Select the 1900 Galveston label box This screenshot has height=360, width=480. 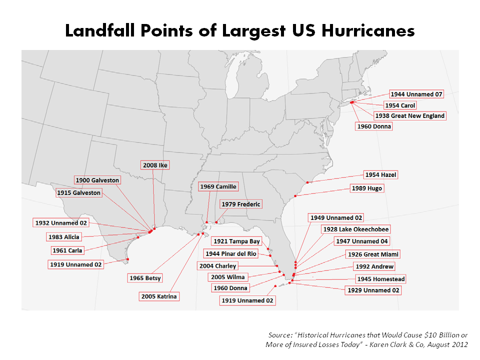tap(97, 180)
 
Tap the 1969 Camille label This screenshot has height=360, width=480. tap(217, 186)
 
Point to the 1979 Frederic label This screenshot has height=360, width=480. tap(241, 204)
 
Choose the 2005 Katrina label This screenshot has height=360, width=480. tap(159, 296)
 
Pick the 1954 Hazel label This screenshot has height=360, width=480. tap(381, 175)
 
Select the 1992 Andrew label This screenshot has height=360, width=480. tap(374, 266)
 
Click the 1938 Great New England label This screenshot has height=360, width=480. tap(409, 115)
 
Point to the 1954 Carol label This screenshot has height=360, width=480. tap(400, 105)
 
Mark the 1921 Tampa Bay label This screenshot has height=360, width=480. tap(237, 241)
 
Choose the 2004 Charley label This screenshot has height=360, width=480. tap(217, 265)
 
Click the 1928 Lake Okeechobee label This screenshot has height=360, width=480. tap(355, 229)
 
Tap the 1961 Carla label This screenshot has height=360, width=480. tap(67, 250)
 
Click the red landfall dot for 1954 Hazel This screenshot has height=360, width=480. tap(307, 182)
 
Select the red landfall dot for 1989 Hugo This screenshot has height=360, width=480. tap(295, 195)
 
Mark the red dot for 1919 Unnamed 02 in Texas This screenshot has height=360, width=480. tap(128, 259)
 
